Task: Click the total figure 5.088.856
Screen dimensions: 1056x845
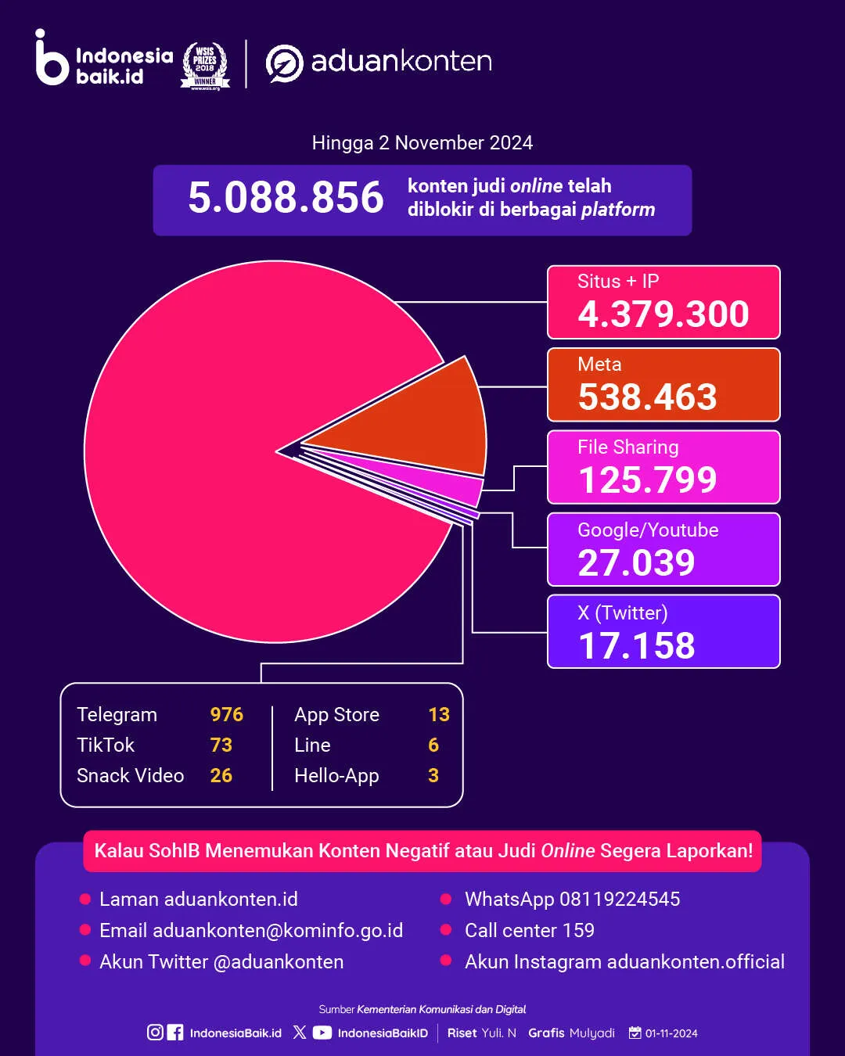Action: tap(286, 197)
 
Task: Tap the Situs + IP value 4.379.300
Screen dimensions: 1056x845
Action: tap(663, 314)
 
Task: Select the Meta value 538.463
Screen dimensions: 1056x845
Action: tap(647, 397)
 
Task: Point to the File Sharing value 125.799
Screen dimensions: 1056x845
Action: tap(647, 480)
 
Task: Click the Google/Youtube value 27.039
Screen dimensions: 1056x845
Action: tap(636, 563)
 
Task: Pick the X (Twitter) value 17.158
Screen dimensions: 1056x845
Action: tap(636, 646)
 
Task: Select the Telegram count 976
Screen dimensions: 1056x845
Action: tap(226, 715)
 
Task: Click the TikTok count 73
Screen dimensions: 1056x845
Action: tap(221, 745)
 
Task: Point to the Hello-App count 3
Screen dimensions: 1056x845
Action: tap(433, 776)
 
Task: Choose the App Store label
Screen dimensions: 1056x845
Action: tap(336, 715)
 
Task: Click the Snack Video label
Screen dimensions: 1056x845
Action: tap(130, 776)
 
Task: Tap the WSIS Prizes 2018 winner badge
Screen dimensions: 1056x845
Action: tap(205, 66)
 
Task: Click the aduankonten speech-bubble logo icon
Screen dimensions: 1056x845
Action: tap(284, 63)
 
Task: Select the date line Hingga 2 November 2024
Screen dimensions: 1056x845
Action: tap(422, 143)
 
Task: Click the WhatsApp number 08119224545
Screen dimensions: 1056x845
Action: tap(619, 900)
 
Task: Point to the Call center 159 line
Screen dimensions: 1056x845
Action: tap(529, 931)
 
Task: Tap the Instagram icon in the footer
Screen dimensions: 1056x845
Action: tap(155, 1033)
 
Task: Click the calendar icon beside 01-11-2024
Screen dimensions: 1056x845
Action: tap(635, 1033)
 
